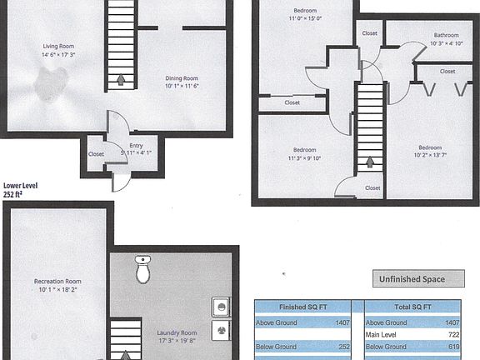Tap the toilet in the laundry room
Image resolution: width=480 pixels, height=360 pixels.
[x=142, y=268]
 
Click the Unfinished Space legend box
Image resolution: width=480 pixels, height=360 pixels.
[x=412, y=279]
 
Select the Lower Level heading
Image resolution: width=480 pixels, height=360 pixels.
[x=21, y=187]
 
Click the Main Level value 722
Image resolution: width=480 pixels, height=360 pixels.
[x=454, y=334]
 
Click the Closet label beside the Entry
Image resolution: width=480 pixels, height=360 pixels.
[x=97, y=154]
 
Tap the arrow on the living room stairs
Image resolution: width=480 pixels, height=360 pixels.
[x=122, y=81]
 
